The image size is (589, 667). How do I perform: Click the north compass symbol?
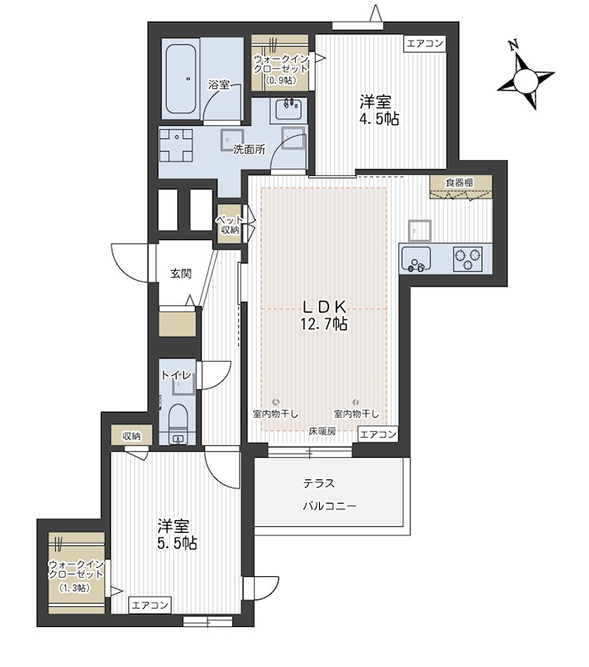point(527,79)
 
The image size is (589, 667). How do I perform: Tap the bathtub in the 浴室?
point(181,78)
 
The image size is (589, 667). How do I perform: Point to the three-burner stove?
point(468,259)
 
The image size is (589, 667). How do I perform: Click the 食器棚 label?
point(461,183)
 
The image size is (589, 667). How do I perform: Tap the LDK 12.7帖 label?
point(324,315)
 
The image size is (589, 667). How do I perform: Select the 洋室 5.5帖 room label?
point(176,534)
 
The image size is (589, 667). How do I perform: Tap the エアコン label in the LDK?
point(378,434)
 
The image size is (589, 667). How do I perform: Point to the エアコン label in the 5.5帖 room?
point(151,604)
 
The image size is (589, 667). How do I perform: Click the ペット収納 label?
point(229,224)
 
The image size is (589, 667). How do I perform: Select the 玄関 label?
point(181,273)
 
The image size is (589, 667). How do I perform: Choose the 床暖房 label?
point(322,431)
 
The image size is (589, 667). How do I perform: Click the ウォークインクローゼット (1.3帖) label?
point(76,574)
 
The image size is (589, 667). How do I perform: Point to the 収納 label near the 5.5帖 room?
point(132,435)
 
